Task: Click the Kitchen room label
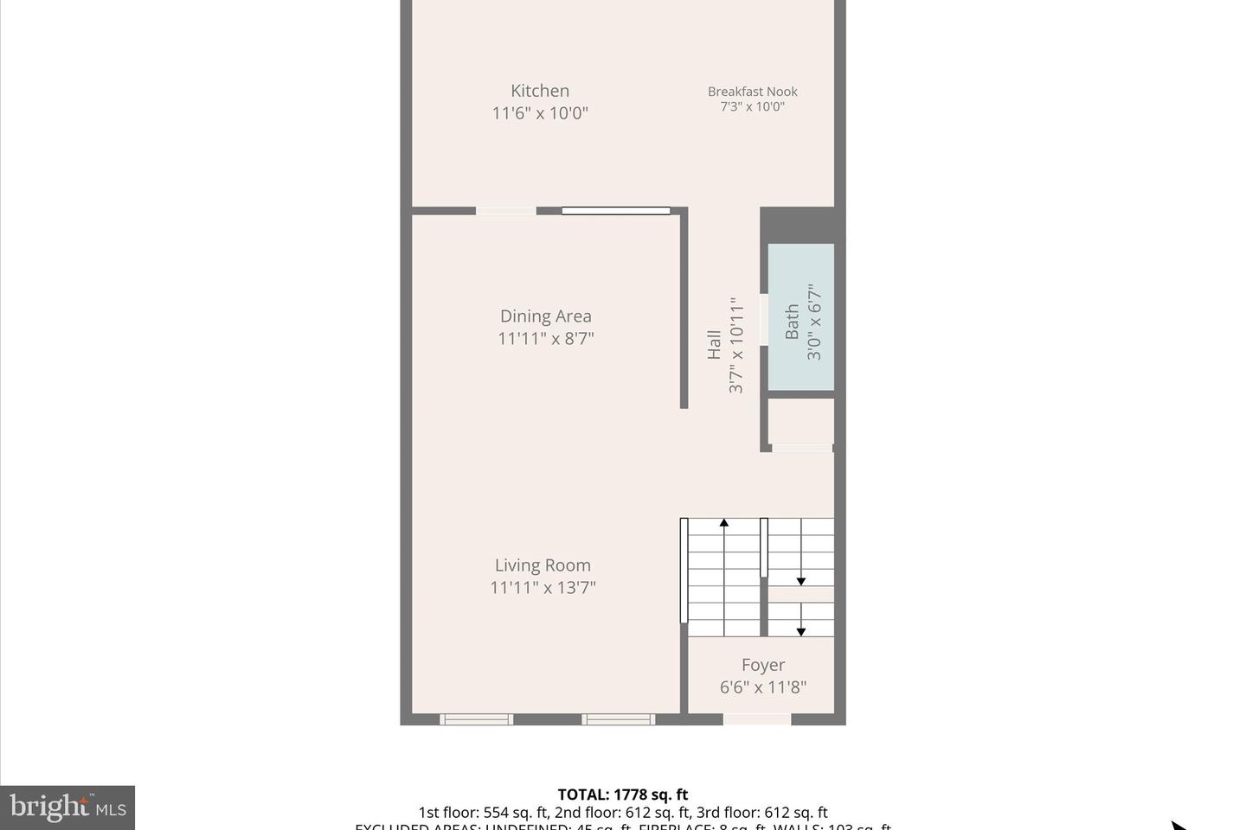[540, 91]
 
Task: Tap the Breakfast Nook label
[752, 92]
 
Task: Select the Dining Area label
[545, 316]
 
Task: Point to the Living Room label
[543, 565]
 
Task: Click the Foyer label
[763, 665]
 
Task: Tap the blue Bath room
[801, 317]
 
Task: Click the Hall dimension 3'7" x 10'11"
[736, 345]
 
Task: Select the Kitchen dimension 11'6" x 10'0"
[540, 113]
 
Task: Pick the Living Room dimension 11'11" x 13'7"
[543, 588]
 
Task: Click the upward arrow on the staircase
[724, 522]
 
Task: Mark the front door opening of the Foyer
[757, 719]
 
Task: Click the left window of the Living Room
[476, 719]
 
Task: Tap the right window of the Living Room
[618, 719]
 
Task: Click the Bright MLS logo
[67, 808]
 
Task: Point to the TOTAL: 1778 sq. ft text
[623, 795]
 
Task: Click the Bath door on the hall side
[764, 320]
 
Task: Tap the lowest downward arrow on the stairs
[801, 632]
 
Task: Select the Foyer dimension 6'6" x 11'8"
[763, 687]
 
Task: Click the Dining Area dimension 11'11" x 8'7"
[545, 339]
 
